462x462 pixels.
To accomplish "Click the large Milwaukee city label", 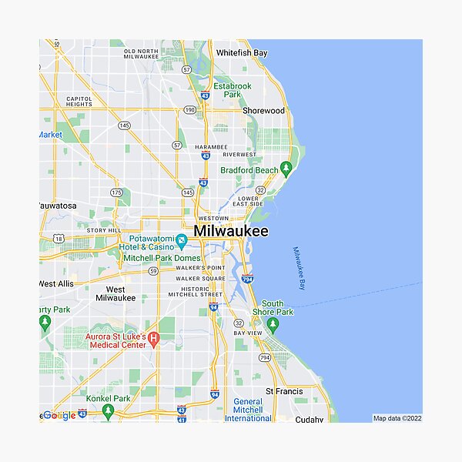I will pos(231,231).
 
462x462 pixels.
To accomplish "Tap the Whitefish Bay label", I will pos(242,53).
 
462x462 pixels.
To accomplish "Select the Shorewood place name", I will pos(263,111).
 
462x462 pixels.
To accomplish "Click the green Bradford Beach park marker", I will pos(286,168).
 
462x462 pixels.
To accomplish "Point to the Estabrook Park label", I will pos(232,90).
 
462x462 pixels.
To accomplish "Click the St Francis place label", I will pos(284,392).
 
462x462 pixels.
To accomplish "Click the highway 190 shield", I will pos(190,111).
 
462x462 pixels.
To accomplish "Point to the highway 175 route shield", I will pos(116,192).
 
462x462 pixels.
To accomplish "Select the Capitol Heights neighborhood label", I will pos(79,102).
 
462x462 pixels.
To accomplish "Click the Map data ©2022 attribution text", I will pos(397,419).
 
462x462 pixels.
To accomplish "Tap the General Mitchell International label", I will pos(248,410).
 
